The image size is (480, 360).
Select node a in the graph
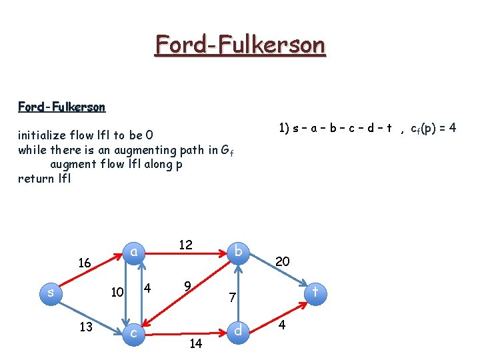[x=134, y=251]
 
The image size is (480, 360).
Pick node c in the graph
[x=134, y=331]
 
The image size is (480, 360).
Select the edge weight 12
[x=185, y=245]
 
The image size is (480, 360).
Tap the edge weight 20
[x=282, y=261]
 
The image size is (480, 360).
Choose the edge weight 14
[x=196, y=344]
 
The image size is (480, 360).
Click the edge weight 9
[x=188, y=287]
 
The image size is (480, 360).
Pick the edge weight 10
[x=117, y=292]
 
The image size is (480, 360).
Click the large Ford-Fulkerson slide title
[x=240, y=45]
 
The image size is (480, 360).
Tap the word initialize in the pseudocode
[x=44, y=136]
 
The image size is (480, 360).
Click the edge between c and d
[x=187, y=331]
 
